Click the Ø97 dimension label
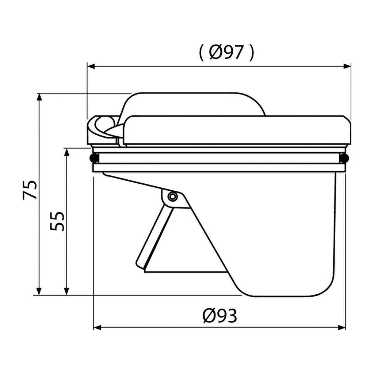226,52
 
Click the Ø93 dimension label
220,316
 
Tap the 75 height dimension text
30,190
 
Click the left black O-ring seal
94,158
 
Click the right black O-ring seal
344,158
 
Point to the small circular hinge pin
172,196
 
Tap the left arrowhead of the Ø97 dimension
91,66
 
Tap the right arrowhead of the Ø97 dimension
347,66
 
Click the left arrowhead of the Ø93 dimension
97,328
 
